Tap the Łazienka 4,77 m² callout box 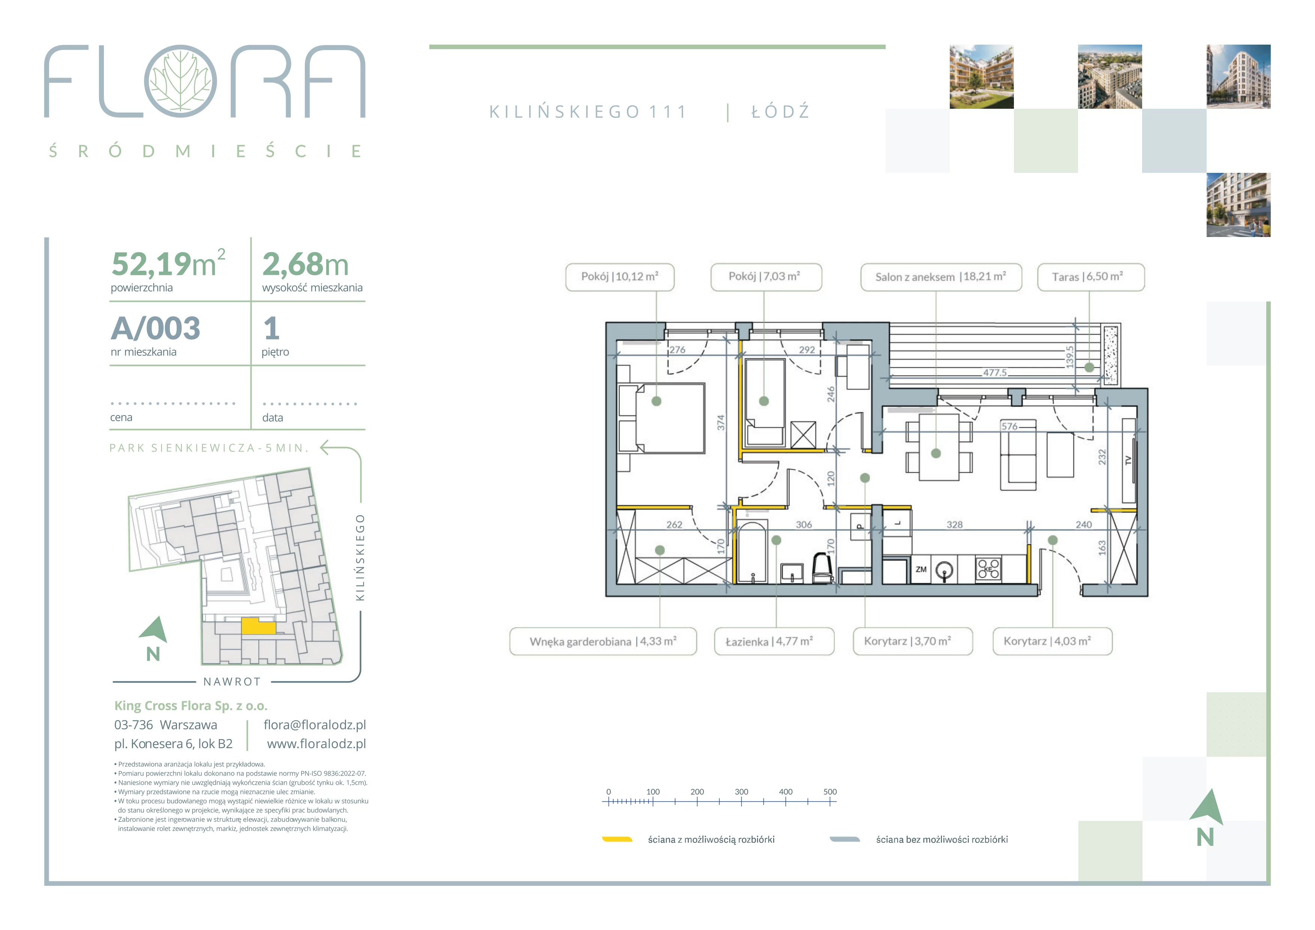(x=774, y=641)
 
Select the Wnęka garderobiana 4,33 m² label (x=603, y=641)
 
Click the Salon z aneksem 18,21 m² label (x=940, y=277)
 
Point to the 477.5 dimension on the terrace (x=995, y=373)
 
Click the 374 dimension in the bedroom (x=721, y=423)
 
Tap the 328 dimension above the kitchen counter (x=954, y=525)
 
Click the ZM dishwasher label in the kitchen (x=921, y=569)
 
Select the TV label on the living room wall (x=1128, y=460)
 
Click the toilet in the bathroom (x=822, y=568)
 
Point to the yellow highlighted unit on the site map (x=258, y=625)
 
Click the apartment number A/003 (x=156, y=328)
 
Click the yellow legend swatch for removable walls (x=617, y=840)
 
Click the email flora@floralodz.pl (x=315, y=725)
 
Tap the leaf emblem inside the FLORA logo (x=180, y=81)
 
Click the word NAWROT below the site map (x=232, y=681)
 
